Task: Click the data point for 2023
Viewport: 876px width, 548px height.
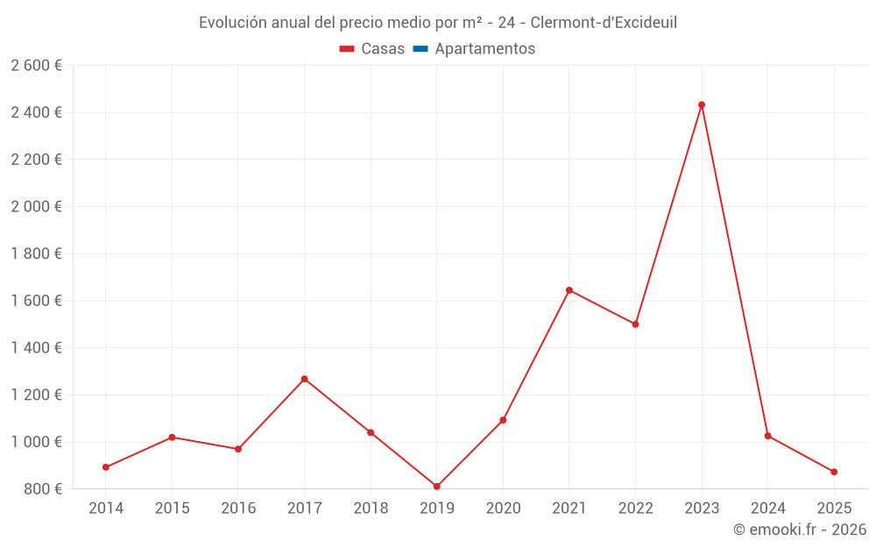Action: [702, 105]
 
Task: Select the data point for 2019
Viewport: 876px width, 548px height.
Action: [436, 487]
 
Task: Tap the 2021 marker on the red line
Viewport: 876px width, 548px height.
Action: [569, 290]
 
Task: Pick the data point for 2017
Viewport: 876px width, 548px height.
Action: [304, 379]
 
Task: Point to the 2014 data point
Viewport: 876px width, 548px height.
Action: [106, 467]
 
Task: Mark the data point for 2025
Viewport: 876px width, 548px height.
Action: [834, 472]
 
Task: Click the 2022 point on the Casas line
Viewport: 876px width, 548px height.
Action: [635, 324]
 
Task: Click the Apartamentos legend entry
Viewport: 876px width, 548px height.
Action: [484, 49]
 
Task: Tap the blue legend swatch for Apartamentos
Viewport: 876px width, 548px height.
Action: [420, 49]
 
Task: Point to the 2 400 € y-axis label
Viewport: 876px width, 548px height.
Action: [37, 112]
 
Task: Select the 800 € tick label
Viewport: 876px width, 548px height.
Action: [42, 488]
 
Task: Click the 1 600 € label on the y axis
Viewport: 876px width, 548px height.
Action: [37, 301]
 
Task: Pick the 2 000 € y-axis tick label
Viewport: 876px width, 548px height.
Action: [37, 207]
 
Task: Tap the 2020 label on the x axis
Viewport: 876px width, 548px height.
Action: [503, 509]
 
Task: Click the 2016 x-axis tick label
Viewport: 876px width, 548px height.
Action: [238, 509]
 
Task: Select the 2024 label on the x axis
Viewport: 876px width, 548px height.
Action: [767, 509]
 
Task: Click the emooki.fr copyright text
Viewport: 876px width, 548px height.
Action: [800, 530]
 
